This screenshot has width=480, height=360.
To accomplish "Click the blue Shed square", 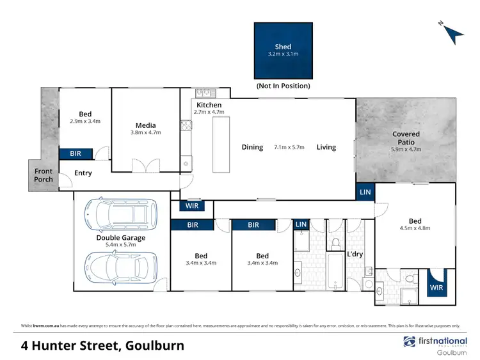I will [282, 51].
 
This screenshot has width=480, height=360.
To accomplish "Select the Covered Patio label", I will [406, 138].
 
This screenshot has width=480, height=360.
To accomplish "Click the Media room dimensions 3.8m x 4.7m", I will [145, 133].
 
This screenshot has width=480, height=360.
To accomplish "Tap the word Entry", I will [83, 173].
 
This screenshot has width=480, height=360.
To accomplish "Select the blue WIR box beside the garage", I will [192, 206].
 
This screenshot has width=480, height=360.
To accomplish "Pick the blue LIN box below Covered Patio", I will [365, 192].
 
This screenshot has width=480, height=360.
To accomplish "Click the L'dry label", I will [355, 254].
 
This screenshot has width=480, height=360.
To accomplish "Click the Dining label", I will [252, 147].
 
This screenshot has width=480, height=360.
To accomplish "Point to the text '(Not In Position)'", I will [283, 86].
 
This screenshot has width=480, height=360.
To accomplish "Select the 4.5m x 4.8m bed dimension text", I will [415, 227].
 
